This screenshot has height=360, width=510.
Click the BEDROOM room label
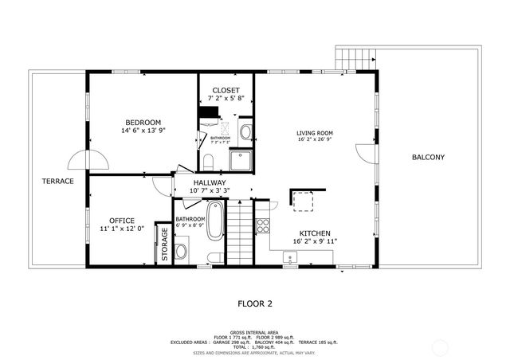(141, 122)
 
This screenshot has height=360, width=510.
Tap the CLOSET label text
(226, 90)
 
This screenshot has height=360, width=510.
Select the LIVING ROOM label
(314, 133)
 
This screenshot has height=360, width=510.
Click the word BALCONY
(428, 157)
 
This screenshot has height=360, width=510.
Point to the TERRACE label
(57, 181)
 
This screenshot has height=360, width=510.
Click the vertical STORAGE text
(165, 245)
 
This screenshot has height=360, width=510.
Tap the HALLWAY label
(209, 182)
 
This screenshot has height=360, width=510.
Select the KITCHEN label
(315, 233)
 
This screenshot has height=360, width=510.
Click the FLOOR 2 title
(255, 303)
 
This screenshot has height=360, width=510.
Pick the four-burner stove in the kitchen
(263, 225)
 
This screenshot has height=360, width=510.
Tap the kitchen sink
(290, 257)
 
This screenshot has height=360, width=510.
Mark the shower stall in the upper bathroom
(241, 160)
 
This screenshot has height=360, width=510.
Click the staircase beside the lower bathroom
(240, 233)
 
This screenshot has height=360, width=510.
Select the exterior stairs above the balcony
(355, 58)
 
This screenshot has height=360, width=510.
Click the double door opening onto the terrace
(88, 161)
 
